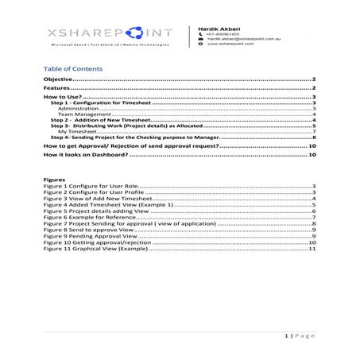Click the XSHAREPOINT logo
[x=109, y=36]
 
